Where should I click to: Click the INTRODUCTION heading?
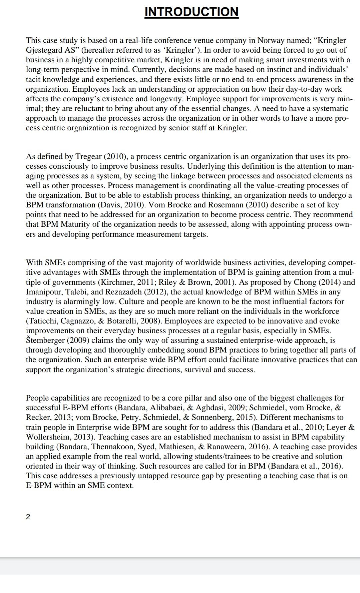point(191,12)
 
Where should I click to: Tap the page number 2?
point(28,517)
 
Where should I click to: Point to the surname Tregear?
point(89,156)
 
